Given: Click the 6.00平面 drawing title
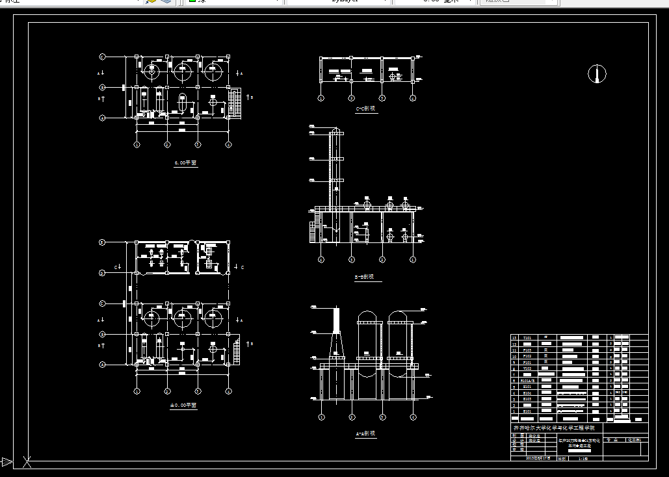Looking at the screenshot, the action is tap(185, 163).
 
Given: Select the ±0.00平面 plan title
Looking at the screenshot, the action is tap(183, 406).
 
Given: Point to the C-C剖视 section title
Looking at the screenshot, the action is tap(366, 109).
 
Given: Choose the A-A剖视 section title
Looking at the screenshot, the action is tap(365, 433).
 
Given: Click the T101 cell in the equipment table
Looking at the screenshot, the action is tap(527, 339).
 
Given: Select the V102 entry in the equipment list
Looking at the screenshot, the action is tap(527, 368).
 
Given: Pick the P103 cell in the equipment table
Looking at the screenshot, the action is tap(527, 350).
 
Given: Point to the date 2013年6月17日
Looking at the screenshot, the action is tap(538, 458).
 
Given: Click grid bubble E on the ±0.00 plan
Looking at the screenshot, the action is tap(102, 242).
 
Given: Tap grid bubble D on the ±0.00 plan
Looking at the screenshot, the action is tap(102, 273).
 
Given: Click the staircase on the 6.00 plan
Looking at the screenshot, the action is tap(234, 103).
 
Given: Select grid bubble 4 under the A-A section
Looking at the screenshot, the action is tap(412, 417).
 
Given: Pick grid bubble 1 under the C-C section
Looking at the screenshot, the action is tap(321, 98).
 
